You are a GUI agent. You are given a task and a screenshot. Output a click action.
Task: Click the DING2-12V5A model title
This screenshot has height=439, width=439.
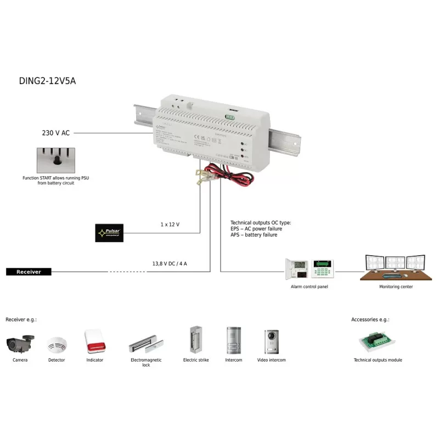[47, 81]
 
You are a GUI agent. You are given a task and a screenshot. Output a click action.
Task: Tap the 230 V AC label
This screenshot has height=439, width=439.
[57, 133]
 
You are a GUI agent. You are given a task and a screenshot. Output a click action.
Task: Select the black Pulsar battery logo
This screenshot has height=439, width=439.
[110, 233]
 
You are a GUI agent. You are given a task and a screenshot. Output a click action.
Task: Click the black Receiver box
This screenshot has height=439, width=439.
[29, 272]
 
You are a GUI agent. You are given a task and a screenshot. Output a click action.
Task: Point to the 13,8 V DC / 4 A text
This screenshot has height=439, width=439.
[170, 263]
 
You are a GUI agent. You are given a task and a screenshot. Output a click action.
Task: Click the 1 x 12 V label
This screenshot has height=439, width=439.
[170, 225]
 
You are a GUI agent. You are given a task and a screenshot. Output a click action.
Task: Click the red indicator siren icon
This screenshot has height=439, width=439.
[94, 341]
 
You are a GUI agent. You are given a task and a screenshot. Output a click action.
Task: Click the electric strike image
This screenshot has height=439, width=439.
[195, 340]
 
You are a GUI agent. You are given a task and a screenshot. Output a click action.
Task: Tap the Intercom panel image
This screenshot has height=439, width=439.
[233, 341]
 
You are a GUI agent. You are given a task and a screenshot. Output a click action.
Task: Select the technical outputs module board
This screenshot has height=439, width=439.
[378, 342]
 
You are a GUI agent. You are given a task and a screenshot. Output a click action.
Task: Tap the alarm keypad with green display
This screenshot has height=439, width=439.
[323, 268]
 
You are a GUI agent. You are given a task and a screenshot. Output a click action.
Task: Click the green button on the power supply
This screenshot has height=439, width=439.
[230, 116]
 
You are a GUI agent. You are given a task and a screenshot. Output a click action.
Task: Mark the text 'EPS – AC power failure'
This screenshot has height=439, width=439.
[256, 229]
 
